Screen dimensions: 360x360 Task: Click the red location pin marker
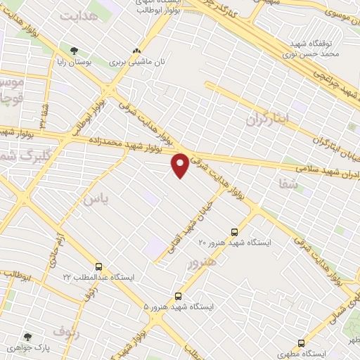pos(181,164)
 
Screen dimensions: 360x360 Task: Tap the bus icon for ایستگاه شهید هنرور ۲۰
pos(234,231)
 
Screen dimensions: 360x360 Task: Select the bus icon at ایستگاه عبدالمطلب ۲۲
pos(98,266)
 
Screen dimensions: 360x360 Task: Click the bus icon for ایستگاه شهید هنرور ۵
pos(178,296)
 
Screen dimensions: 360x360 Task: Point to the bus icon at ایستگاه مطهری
pos(301,343)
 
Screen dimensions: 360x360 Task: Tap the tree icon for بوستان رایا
pos(74,50)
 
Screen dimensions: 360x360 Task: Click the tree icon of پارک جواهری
pos(28,337)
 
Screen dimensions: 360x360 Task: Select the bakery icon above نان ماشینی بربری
pos(136,51)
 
